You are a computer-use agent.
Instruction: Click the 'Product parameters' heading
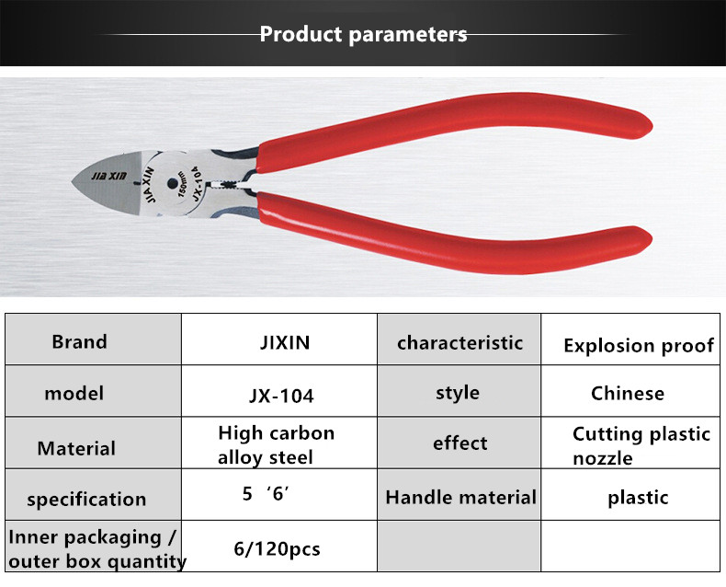363,34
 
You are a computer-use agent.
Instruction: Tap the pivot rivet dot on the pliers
172,184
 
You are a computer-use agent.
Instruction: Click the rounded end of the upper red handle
646,125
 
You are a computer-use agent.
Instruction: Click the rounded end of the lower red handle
646,240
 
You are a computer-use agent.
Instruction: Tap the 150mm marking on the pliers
183,184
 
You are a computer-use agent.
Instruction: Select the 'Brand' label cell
93,339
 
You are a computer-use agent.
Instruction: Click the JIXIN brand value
285,342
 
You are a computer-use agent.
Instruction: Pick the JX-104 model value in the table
281,396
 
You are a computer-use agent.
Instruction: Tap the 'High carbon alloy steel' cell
279,443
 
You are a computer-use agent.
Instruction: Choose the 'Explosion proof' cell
630,339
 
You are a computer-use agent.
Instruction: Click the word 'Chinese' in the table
628,393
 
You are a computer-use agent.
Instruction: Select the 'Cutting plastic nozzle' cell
630,443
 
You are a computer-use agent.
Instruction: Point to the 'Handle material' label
460,498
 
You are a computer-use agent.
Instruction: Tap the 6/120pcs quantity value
277,549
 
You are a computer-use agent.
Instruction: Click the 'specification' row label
86,500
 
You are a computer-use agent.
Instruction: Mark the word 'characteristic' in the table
459,343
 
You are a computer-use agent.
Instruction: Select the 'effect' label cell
459,443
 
